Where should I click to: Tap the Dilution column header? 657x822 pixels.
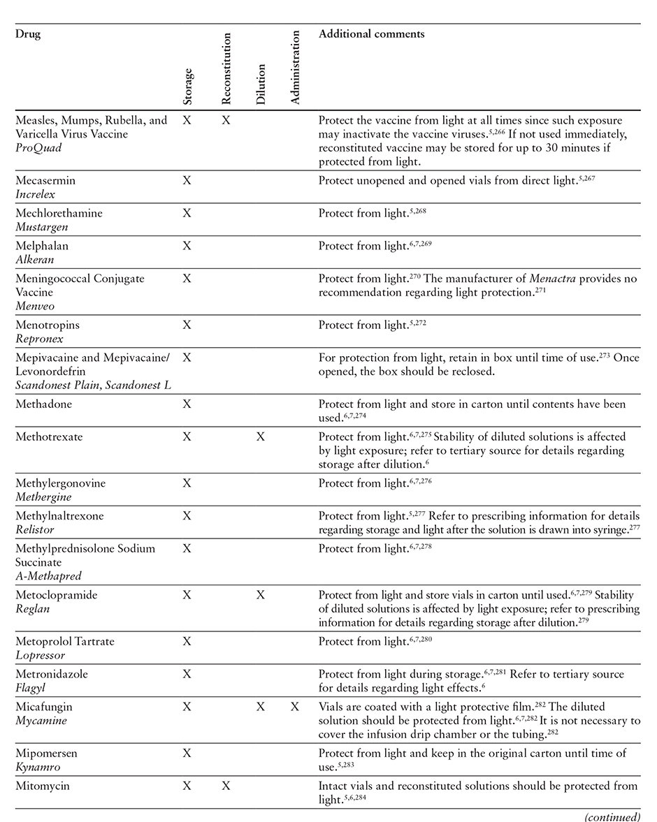261,84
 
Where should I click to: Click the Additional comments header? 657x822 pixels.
371,34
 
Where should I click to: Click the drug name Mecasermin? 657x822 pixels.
45,180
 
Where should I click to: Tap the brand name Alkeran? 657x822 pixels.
34,260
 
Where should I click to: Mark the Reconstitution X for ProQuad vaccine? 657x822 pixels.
226,120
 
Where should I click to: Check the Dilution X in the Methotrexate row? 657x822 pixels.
261,436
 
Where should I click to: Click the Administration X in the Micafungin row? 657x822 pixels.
295,707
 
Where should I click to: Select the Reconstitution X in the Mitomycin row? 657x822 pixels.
226,786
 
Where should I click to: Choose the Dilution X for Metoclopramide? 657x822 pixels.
261,595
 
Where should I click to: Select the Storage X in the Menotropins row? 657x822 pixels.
187,325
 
